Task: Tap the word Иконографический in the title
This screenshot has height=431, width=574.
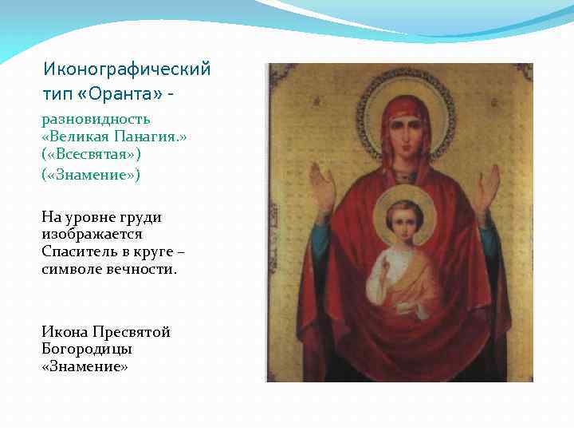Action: pos(127,69)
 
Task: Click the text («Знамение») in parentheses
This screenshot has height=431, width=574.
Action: pos(91,175)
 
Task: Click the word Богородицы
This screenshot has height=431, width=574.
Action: pos(87,349)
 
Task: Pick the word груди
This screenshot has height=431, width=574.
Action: pos(142,216)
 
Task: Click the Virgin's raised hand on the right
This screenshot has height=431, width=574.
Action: pos(487,190)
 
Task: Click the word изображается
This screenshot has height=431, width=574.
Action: pos(92,234)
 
